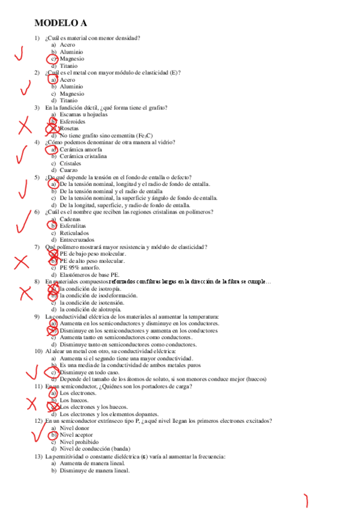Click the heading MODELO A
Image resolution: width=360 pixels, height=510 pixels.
pos(61,23)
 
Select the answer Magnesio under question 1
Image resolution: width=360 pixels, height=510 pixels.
pos(72,59)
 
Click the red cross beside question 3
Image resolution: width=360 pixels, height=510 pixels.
pos(25,126)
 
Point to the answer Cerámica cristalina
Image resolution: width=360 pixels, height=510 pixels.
pos(83,156)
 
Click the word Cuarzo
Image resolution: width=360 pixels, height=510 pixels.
pos(69,170)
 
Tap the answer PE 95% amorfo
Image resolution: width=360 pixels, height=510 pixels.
pos(78,268)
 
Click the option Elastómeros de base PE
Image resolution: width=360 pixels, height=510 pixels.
pos(90,275)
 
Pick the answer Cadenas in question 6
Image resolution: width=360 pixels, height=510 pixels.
pos(70,219)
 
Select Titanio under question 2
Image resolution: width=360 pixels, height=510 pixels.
pos(69,100)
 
